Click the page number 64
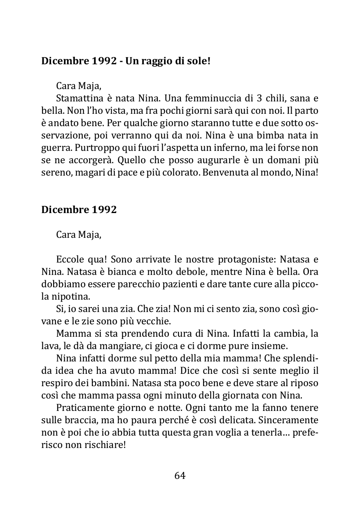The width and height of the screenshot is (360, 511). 180,476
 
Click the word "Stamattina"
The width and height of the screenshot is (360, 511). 79,98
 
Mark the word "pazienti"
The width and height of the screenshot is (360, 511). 187,284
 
